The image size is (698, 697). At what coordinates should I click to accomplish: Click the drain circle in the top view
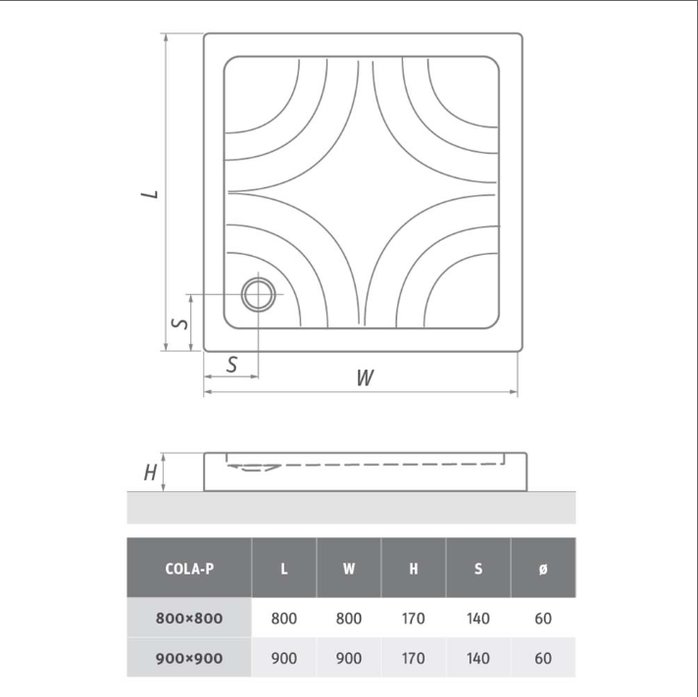coord(242,294)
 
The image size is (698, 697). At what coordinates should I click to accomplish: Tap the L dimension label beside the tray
coord(150,194)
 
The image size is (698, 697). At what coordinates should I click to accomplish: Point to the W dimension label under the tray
coord(365,377)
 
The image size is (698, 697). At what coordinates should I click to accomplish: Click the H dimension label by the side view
coord(150,473)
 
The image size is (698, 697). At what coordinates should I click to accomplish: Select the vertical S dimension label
coord(179,324)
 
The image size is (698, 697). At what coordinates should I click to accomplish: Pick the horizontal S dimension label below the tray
coord(231,365)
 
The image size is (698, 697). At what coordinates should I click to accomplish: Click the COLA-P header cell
coord(189,569)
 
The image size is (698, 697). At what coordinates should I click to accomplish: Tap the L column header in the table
coord(284,569)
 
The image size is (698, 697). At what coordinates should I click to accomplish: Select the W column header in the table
coord(349,569)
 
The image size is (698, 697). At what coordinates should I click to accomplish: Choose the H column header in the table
coord(414,569)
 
